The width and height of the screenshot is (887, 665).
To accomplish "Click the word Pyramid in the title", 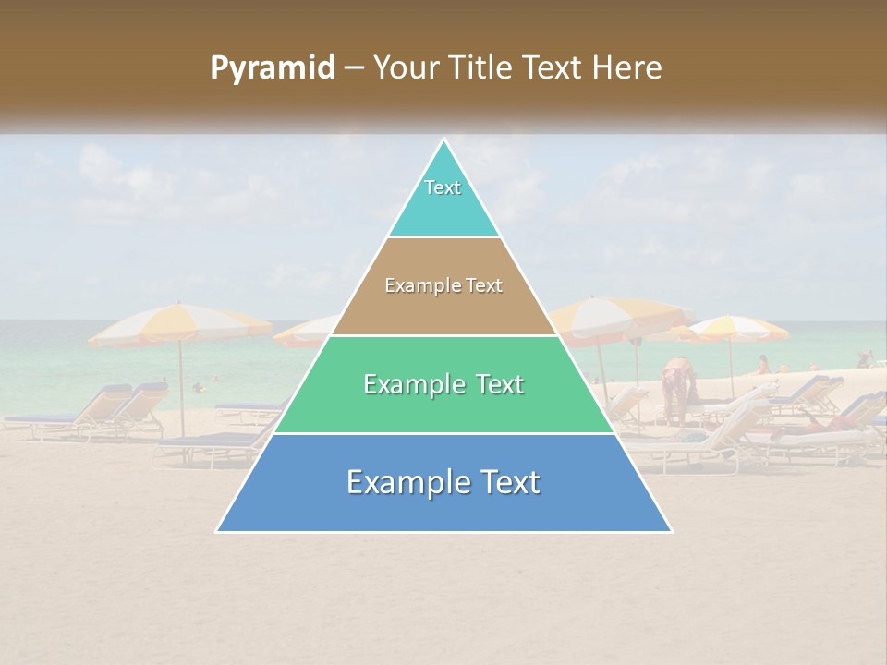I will (272, 68).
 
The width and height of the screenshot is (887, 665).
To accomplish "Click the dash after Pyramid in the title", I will (353, 68).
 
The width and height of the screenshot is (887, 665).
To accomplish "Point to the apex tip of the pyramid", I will (444, 140).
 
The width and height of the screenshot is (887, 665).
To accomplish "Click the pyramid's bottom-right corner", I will (671, 531).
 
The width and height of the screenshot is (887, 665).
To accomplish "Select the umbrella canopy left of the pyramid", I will (180, 323).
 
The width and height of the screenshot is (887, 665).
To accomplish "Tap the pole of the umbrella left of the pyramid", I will (181, 388).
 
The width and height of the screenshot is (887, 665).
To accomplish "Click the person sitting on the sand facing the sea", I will (763, 365).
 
